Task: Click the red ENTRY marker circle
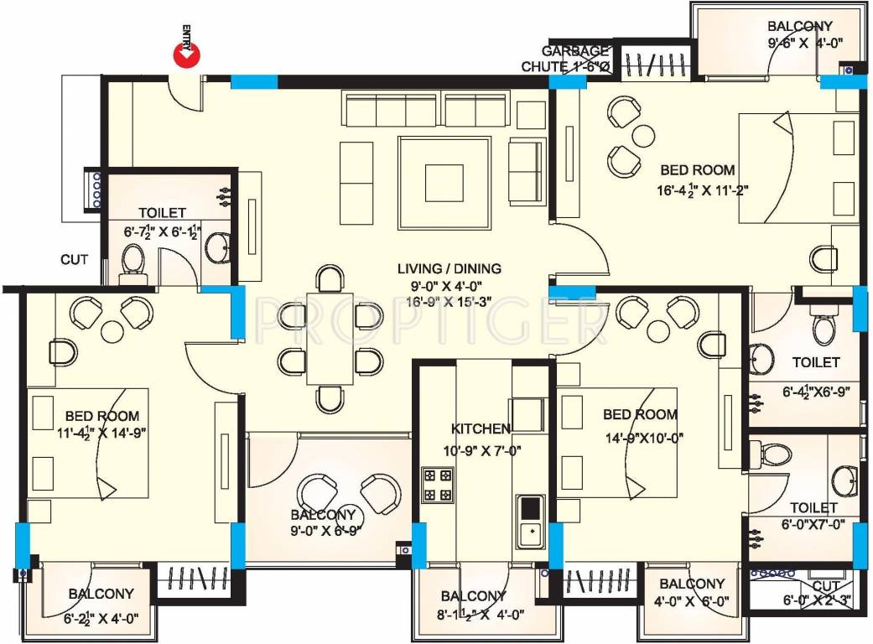tap(186, 55)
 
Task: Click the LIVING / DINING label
tap(449, 269)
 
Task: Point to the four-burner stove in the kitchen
tap(436, 484)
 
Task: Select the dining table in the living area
tap(330, 338)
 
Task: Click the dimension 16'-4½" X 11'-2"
tap(703, 190)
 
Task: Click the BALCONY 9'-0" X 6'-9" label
tap(324, 522)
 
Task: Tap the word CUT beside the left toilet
tap(74, 260)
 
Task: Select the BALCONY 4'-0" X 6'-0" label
tap(693, 592)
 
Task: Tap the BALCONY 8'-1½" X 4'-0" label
tap(475, 605)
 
